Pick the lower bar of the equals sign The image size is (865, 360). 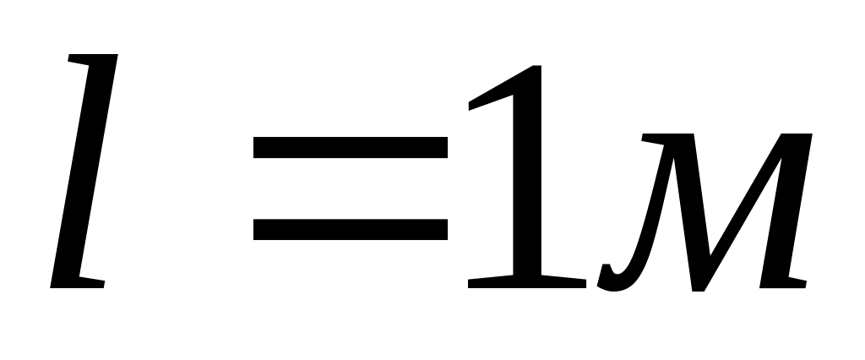coord(351,228)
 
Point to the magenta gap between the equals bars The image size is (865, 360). coord(351,188)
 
